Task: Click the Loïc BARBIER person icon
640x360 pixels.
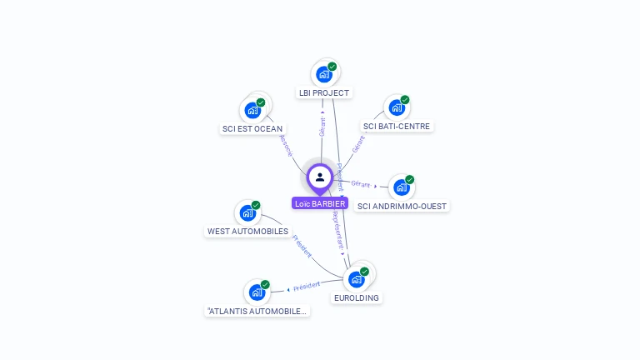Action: pos(320,177)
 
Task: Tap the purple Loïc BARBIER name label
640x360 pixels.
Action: pos(320,203)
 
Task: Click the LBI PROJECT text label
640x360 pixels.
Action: pos(324,92)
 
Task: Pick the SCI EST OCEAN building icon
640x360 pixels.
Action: pos(252,111)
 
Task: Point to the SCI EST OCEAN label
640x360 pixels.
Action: pos(252,129)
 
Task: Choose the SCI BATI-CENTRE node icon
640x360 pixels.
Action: pos(397,108)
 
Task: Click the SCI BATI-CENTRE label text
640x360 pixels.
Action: pos(397,127)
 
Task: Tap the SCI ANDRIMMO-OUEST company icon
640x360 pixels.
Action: pos(401,188)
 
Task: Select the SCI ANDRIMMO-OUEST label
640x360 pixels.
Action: pos(402,207)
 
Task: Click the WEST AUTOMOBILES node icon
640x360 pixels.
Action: pos(247,213)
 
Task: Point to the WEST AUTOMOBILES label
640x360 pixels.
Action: pos(247,232)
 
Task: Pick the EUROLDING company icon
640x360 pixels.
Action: pos(357,279)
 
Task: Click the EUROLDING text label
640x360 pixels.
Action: pos(357,297)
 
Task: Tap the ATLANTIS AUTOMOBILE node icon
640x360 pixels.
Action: pos(257,292)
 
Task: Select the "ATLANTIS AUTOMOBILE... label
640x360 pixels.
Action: pos(257,311)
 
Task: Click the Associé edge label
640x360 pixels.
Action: pos(287,146)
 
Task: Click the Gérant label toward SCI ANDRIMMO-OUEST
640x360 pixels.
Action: pos(362,183)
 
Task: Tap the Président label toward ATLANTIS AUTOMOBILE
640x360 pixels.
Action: pos(306,285)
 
